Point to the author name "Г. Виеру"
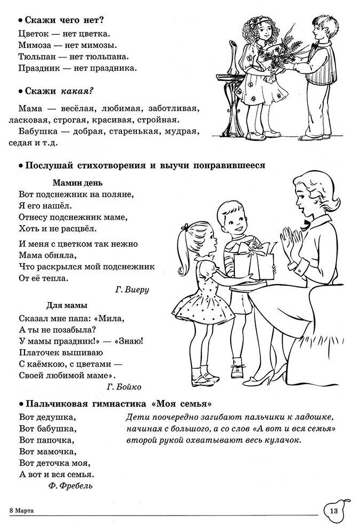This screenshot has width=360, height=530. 132,289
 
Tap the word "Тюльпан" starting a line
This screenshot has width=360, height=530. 35,56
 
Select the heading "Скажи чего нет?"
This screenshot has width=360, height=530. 62,21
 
